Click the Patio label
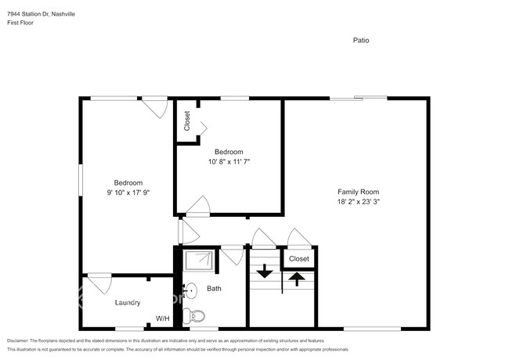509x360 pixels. [x=360, y=40]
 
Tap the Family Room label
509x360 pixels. [x=358, y=192]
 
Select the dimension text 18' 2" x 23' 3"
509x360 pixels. [x=358, y=202]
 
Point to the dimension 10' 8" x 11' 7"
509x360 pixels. [x=229, y=162]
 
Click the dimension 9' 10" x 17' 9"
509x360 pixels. [x=128, y=193]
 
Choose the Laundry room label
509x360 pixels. [x=127, y=302]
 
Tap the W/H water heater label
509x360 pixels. [x=162, y=319]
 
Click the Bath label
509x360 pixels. [x=214, y=289]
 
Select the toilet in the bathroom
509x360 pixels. [x=196, y=317]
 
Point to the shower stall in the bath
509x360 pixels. [x=199, y=261]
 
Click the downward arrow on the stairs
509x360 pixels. [x=264, y=272]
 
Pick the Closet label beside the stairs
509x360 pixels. [x=298, y=258]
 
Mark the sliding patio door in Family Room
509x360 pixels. [x=358, y=98]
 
